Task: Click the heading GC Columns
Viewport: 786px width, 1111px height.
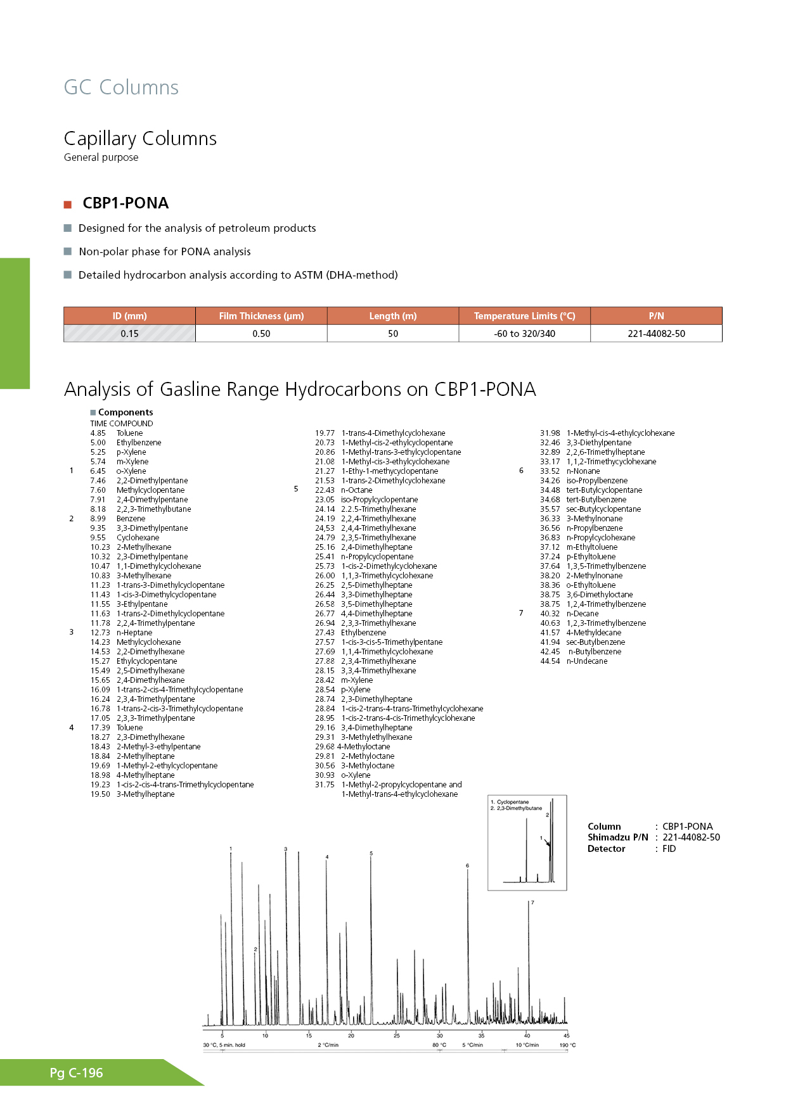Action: tap(121, 87)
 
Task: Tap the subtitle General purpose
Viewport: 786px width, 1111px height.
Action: tap(101, 158)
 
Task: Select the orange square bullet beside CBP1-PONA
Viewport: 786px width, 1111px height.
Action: tap(68, 205)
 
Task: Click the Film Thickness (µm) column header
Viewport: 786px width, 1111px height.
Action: tap(261, 316)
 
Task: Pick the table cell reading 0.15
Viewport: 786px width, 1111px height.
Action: tap(129, 334)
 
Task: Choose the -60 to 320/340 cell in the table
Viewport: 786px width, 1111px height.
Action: tap(524, 334)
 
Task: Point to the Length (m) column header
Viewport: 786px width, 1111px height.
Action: tap(393, 316)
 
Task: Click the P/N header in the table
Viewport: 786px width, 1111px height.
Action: tap(656, 316)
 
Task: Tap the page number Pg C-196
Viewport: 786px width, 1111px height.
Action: tap(76, 1073)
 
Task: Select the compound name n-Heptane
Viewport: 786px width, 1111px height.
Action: tap(134, 633)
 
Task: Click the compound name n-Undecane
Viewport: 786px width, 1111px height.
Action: tap(587, 661)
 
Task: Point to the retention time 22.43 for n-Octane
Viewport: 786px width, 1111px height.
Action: tap(325, 490)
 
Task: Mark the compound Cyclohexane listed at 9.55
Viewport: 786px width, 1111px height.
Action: tap(138, 538)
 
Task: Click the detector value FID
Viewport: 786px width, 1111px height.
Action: tap(669, 849)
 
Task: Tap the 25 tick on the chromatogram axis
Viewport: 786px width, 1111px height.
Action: tap(397, 1036)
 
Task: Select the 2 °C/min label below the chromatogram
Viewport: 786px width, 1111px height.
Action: tap(328, 1045)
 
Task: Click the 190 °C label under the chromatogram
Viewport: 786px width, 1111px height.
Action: tap(567, 1045)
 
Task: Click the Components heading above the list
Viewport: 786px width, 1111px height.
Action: tap(126, 412)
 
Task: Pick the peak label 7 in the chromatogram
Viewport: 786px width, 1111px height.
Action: tap(532, 903)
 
